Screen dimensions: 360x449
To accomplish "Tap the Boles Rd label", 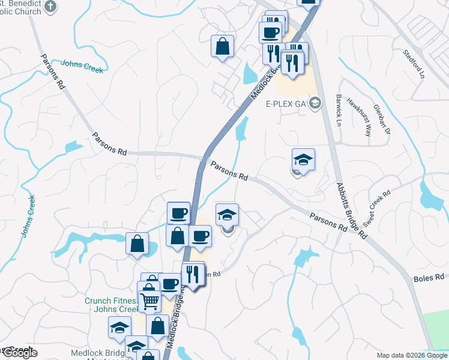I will [x=428, y=279].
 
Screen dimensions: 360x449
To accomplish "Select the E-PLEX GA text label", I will [x=286, y=103].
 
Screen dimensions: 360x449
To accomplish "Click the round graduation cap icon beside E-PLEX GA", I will [x=317, y=103].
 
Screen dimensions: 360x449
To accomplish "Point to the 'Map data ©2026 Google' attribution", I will [x=412, y=355].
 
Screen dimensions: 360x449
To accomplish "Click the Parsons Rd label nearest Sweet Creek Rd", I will [x=328, y=222].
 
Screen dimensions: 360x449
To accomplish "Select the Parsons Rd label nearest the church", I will [x=53, y=72].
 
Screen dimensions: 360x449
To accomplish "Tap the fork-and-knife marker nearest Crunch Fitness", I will [x=193, y=274].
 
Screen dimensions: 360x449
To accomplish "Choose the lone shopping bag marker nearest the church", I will [x=222, y=46].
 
